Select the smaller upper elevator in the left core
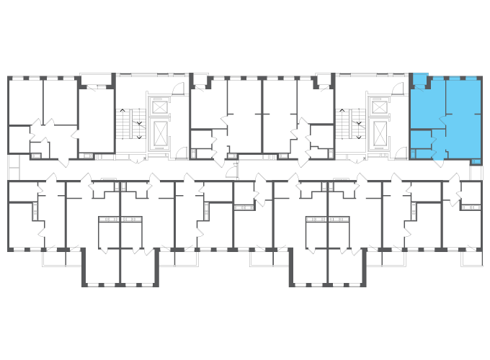click(160, 107)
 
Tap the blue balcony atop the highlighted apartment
click(420, 77)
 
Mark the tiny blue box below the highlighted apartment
click(476, 162)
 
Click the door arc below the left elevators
click(181, 153)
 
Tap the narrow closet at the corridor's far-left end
click(13, 167)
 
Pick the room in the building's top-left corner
click(25, 101)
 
